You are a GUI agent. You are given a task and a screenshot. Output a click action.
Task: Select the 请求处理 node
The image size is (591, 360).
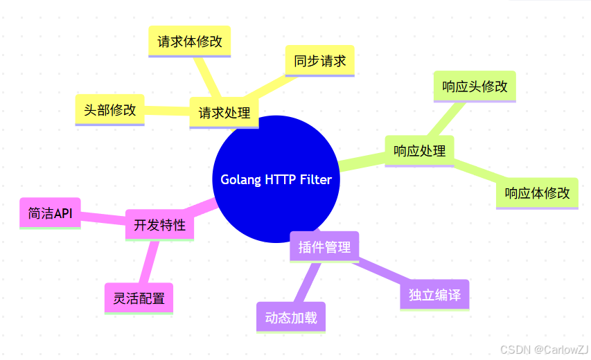click(224, 112)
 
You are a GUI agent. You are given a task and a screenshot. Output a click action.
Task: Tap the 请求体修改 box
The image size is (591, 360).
click(190, 42)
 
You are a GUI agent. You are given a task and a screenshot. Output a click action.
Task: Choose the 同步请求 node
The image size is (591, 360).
click(319, 61)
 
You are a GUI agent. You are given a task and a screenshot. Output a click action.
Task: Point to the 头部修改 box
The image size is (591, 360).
click(109, 109)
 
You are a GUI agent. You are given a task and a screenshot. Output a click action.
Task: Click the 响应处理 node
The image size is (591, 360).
click(419, 150)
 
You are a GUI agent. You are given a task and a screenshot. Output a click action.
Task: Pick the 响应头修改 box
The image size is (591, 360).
click(475, 87)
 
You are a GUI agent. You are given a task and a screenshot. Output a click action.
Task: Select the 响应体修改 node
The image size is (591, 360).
click(537, 193)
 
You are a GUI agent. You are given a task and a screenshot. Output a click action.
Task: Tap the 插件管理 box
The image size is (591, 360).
click(324, 246)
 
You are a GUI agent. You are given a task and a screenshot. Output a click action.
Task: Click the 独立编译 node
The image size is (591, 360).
click(434, 294)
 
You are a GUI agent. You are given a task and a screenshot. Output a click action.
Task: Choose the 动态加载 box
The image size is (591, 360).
click(291, 318)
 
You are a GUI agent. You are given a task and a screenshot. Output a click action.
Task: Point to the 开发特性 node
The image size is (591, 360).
click(159, 225)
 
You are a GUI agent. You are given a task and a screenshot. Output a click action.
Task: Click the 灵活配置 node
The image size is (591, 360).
click(139, 298)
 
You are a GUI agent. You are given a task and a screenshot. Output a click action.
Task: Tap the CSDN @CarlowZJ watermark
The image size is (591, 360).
click(544, 350)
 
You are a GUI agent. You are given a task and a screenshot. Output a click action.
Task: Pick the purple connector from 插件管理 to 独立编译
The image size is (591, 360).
click(381, 271)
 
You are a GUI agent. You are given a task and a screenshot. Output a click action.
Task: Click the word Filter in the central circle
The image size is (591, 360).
click(316, 179)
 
